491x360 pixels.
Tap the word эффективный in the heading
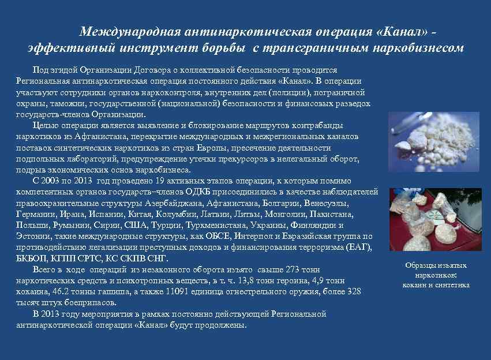[63, 48]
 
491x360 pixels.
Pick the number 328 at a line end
[353, 291]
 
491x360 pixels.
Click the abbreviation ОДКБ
[198, 191]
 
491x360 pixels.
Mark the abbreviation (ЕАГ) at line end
[362, 247]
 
